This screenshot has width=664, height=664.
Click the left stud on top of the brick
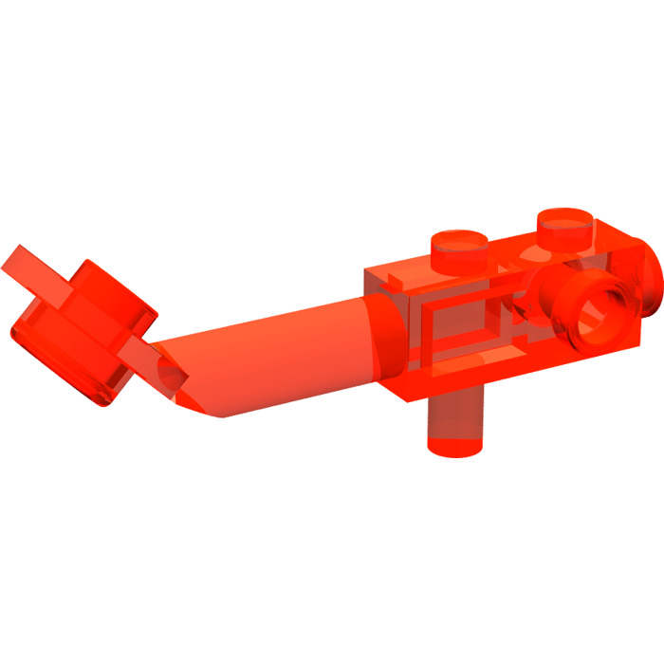[461, 249]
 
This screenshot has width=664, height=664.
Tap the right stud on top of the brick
[566, 228]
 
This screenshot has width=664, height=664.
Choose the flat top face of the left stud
[461, 237]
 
